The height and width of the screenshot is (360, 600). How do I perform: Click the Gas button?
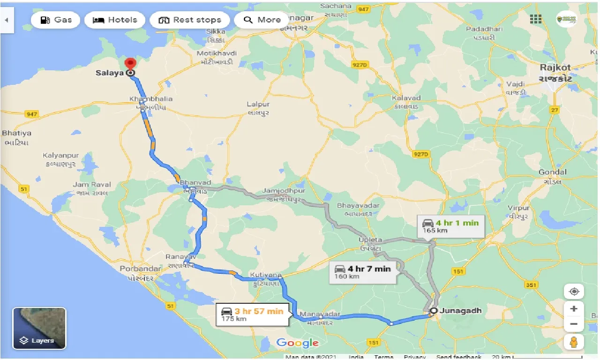[x=56, y=20]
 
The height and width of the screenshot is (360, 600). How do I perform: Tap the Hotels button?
[x=115, y=20]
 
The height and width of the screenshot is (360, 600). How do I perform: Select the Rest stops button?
[x=189, y=20]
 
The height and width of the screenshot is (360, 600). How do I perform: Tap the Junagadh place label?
[x=463, y=310]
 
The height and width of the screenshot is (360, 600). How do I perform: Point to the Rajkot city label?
[x=555, y=67]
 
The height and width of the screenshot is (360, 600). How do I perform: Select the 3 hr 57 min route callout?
[x=252, y=315]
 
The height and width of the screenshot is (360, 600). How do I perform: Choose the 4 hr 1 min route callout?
[x=450, y=226]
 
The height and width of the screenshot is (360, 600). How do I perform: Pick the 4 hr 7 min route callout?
[x=362, y=272]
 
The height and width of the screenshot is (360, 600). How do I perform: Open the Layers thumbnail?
[x=39, y=328]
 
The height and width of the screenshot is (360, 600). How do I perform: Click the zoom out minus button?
[x=574, y=324]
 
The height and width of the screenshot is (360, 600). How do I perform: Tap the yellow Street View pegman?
[x=574, y=342]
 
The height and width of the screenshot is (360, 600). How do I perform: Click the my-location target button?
[x=574, y=291]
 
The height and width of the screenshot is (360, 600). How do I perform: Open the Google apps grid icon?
[x=536, y=19]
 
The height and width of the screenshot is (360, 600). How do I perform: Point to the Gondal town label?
[x=553, y=172]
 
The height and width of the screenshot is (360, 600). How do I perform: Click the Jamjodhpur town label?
[x=284, y=191]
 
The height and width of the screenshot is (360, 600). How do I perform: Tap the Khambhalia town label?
[x=151, y=99]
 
